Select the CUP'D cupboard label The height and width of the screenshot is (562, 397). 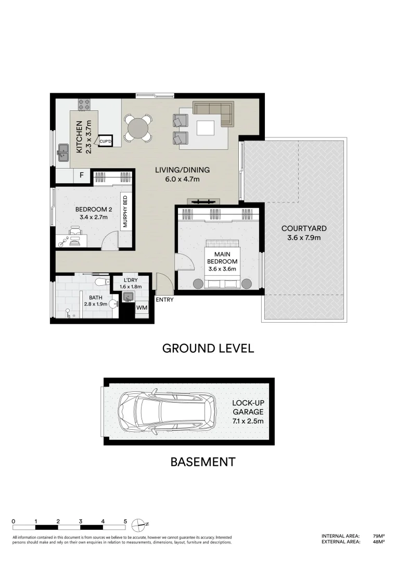tap(106, 140)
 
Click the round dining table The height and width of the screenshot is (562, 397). tap(138, 128)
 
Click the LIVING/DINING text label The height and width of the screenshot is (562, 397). tap(182, 174)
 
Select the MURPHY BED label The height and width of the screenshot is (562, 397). tap(125, 211)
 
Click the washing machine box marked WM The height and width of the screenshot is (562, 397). tap(141, 308)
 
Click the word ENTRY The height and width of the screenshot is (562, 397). tap(164, 300)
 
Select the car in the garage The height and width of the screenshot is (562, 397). tap(167, 411)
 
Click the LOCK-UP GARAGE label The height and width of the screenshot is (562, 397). tap(248, 411)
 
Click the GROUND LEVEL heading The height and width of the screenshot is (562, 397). tap(208, 348)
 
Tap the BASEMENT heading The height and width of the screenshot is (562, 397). tap(203, 462)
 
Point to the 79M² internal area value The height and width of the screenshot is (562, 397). tap(378, 536)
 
